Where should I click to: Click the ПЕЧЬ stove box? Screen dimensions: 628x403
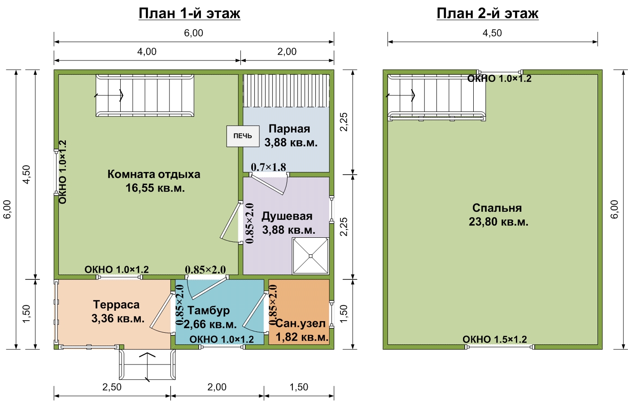pos(243,136)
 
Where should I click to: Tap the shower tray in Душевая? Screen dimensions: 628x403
pos(310,256)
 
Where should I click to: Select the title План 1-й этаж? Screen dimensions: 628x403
pos(189,13)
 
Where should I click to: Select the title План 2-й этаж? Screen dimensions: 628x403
pos(488,13)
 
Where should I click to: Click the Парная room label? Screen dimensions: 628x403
pos(289,129)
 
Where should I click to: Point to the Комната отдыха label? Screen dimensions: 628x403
pos(154,174)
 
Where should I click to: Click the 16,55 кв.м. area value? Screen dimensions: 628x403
pos(155,188)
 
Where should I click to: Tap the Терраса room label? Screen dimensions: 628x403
pos(116,304)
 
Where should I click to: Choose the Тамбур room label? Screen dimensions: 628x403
pos(209,310)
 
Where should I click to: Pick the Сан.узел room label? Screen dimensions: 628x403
pos(301,324)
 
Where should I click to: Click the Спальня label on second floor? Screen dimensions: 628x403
pos(497,208)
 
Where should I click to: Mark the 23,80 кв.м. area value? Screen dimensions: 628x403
pos(498,222)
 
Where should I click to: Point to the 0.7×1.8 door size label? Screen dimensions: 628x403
pos(268,167)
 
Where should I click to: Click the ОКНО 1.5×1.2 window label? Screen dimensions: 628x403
pos(495,339)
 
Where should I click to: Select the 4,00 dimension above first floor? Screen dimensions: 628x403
pos(147,51)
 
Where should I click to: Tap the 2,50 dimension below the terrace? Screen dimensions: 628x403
pos(112,387)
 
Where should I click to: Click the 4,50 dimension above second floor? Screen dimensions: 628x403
pos(493,33)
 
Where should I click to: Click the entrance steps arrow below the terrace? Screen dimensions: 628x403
pos(148,367)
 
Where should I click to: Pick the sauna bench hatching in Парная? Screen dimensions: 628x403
pos(286,90)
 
